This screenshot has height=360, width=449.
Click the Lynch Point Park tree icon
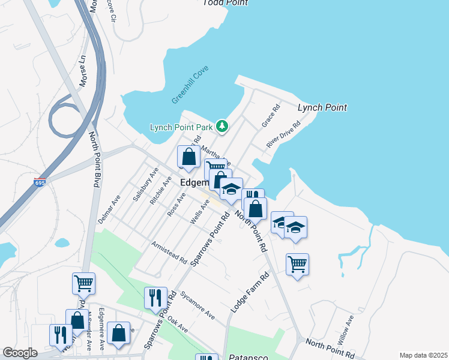pos(223,126)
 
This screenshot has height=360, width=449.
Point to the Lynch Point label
pos(322,108)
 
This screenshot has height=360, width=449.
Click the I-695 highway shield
pos(40,182)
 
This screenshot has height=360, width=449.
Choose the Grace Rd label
pos(271,116)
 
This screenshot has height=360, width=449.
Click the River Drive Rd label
pos(283,133)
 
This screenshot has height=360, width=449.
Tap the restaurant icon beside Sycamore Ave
pos(155,298)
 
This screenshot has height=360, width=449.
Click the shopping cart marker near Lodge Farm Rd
pos(298,264)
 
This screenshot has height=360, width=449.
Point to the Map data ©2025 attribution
pos(423,355)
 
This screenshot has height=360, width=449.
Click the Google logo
pos(20,352)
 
